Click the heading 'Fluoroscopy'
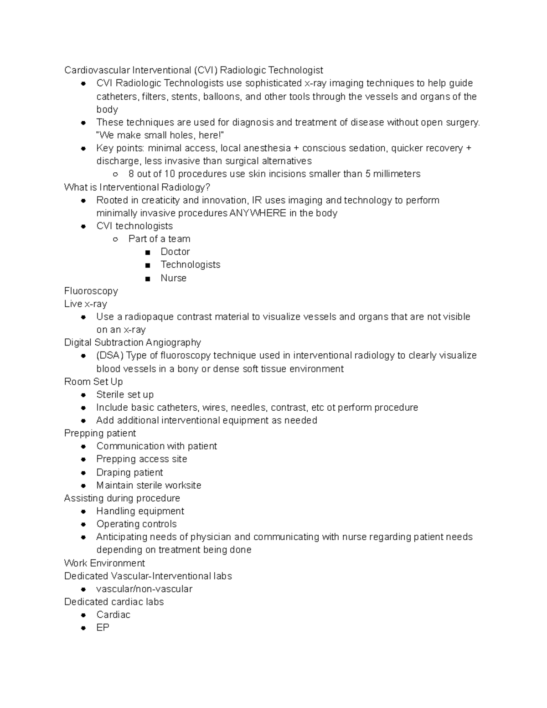91,291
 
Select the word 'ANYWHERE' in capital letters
258,213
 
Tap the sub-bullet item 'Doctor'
175,252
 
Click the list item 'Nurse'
173,278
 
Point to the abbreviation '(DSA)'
109,355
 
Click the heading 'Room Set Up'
93,382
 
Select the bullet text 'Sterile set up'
125,394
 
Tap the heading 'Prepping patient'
100,433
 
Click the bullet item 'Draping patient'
129,472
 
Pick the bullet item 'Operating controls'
136,524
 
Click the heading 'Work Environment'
104,563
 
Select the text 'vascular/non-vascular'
144,589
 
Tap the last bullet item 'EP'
103,627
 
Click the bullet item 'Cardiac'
113,615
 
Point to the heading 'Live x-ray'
85,304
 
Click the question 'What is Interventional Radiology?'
137,187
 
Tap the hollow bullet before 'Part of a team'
116,239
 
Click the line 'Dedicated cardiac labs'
114,602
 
